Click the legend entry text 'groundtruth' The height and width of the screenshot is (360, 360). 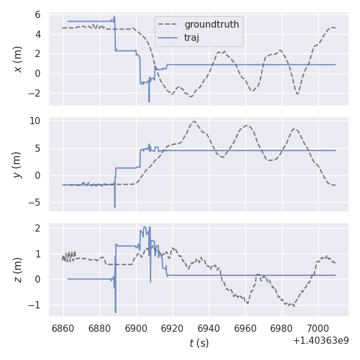coord(212,25)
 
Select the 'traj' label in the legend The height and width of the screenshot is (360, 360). coord(192,37)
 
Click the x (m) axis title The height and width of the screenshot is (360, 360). coord(18,59)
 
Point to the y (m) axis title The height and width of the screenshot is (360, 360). coord(18,164)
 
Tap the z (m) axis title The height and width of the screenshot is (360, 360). coord(18,270)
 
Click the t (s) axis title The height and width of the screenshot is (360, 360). coord(199,343)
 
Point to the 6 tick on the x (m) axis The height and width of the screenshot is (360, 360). coord(37,14)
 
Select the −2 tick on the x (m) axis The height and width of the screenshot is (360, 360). coord(34,94)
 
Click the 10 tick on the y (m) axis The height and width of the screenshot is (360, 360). coord(35,121)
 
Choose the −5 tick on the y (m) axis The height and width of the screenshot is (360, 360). coord(34,203)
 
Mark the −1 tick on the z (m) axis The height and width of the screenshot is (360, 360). coord(34,305)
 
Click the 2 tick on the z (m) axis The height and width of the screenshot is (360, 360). coord(37,229)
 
